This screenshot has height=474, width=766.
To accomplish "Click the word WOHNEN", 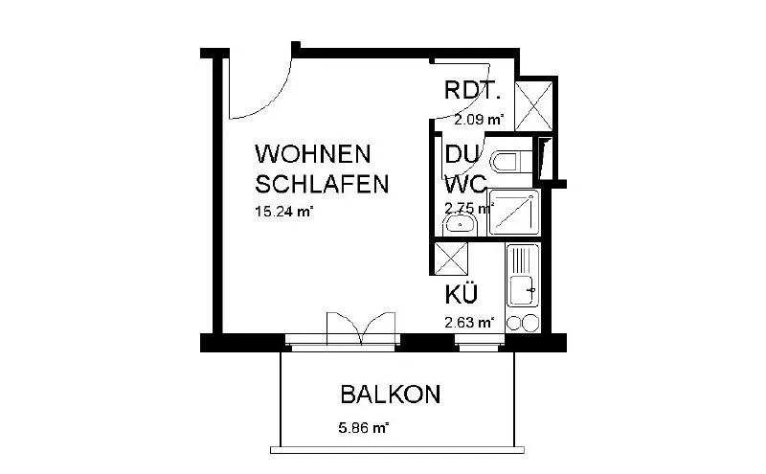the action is pos(313,154).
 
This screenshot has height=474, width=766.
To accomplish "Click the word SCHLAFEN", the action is pos(322,184).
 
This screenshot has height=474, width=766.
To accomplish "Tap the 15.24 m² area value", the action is pos(283,212).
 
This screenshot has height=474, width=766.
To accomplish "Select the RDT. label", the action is pos(473,90).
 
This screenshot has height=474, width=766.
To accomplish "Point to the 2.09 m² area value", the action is pos(479,120).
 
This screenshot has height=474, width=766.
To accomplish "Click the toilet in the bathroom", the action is pos(511,161).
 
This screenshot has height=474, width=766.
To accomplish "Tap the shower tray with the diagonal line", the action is pos(514,213).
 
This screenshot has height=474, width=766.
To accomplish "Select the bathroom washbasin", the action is pos(460,225).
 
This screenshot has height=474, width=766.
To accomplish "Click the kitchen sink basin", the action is pos(522,291).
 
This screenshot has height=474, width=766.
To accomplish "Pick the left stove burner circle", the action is pos(514,323).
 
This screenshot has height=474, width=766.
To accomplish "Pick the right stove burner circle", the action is pos(530,323).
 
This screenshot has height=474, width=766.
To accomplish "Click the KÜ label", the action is pos(462,294).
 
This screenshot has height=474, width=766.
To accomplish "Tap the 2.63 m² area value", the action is pos(469,323).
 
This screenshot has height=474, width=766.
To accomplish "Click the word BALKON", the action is pos(391,395).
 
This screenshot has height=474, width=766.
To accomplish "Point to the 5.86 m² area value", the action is pos(364,428).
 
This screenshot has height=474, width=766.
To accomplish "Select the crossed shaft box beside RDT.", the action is pos(534,106).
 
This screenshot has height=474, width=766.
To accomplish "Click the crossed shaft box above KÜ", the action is pos(450,259).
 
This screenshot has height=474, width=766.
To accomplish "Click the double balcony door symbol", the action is pos(361,327).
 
